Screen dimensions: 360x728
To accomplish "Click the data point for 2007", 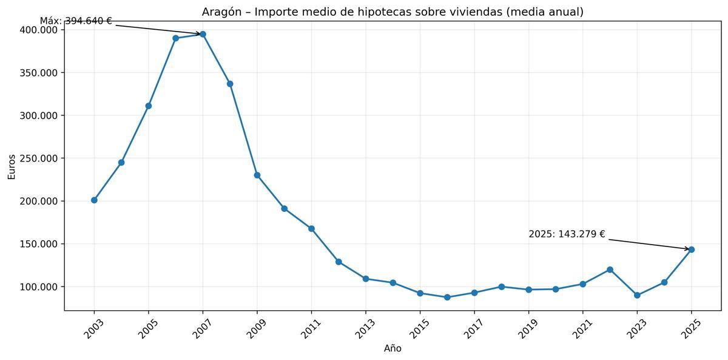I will [203, 34].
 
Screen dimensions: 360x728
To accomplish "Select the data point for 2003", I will [94, 200].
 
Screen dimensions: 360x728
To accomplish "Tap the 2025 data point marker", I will [691, 250].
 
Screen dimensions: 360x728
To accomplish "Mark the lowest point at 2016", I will [447, 297].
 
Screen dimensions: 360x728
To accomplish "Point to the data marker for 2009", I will [257, 175].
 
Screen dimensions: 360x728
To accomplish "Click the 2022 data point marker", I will [610, 270].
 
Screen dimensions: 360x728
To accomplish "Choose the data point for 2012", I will [339, 262].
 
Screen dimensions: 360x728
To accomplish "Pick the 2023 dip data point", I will [637, 295].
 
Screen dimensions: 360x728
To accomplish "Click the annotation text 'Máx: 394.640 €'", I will [76, 21].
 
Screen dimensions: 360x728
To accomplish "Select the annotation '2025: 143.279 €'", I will [567, 234].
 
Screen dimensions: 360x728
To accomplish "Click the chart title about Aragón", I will [393, 12].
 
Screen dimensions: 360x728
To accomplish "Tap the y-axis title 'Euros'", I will [12, 166].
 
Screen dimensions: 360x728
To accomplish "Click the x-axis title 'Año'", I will [393, 348].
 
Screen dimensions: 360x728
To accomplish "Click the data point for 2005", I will [149, 106].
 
